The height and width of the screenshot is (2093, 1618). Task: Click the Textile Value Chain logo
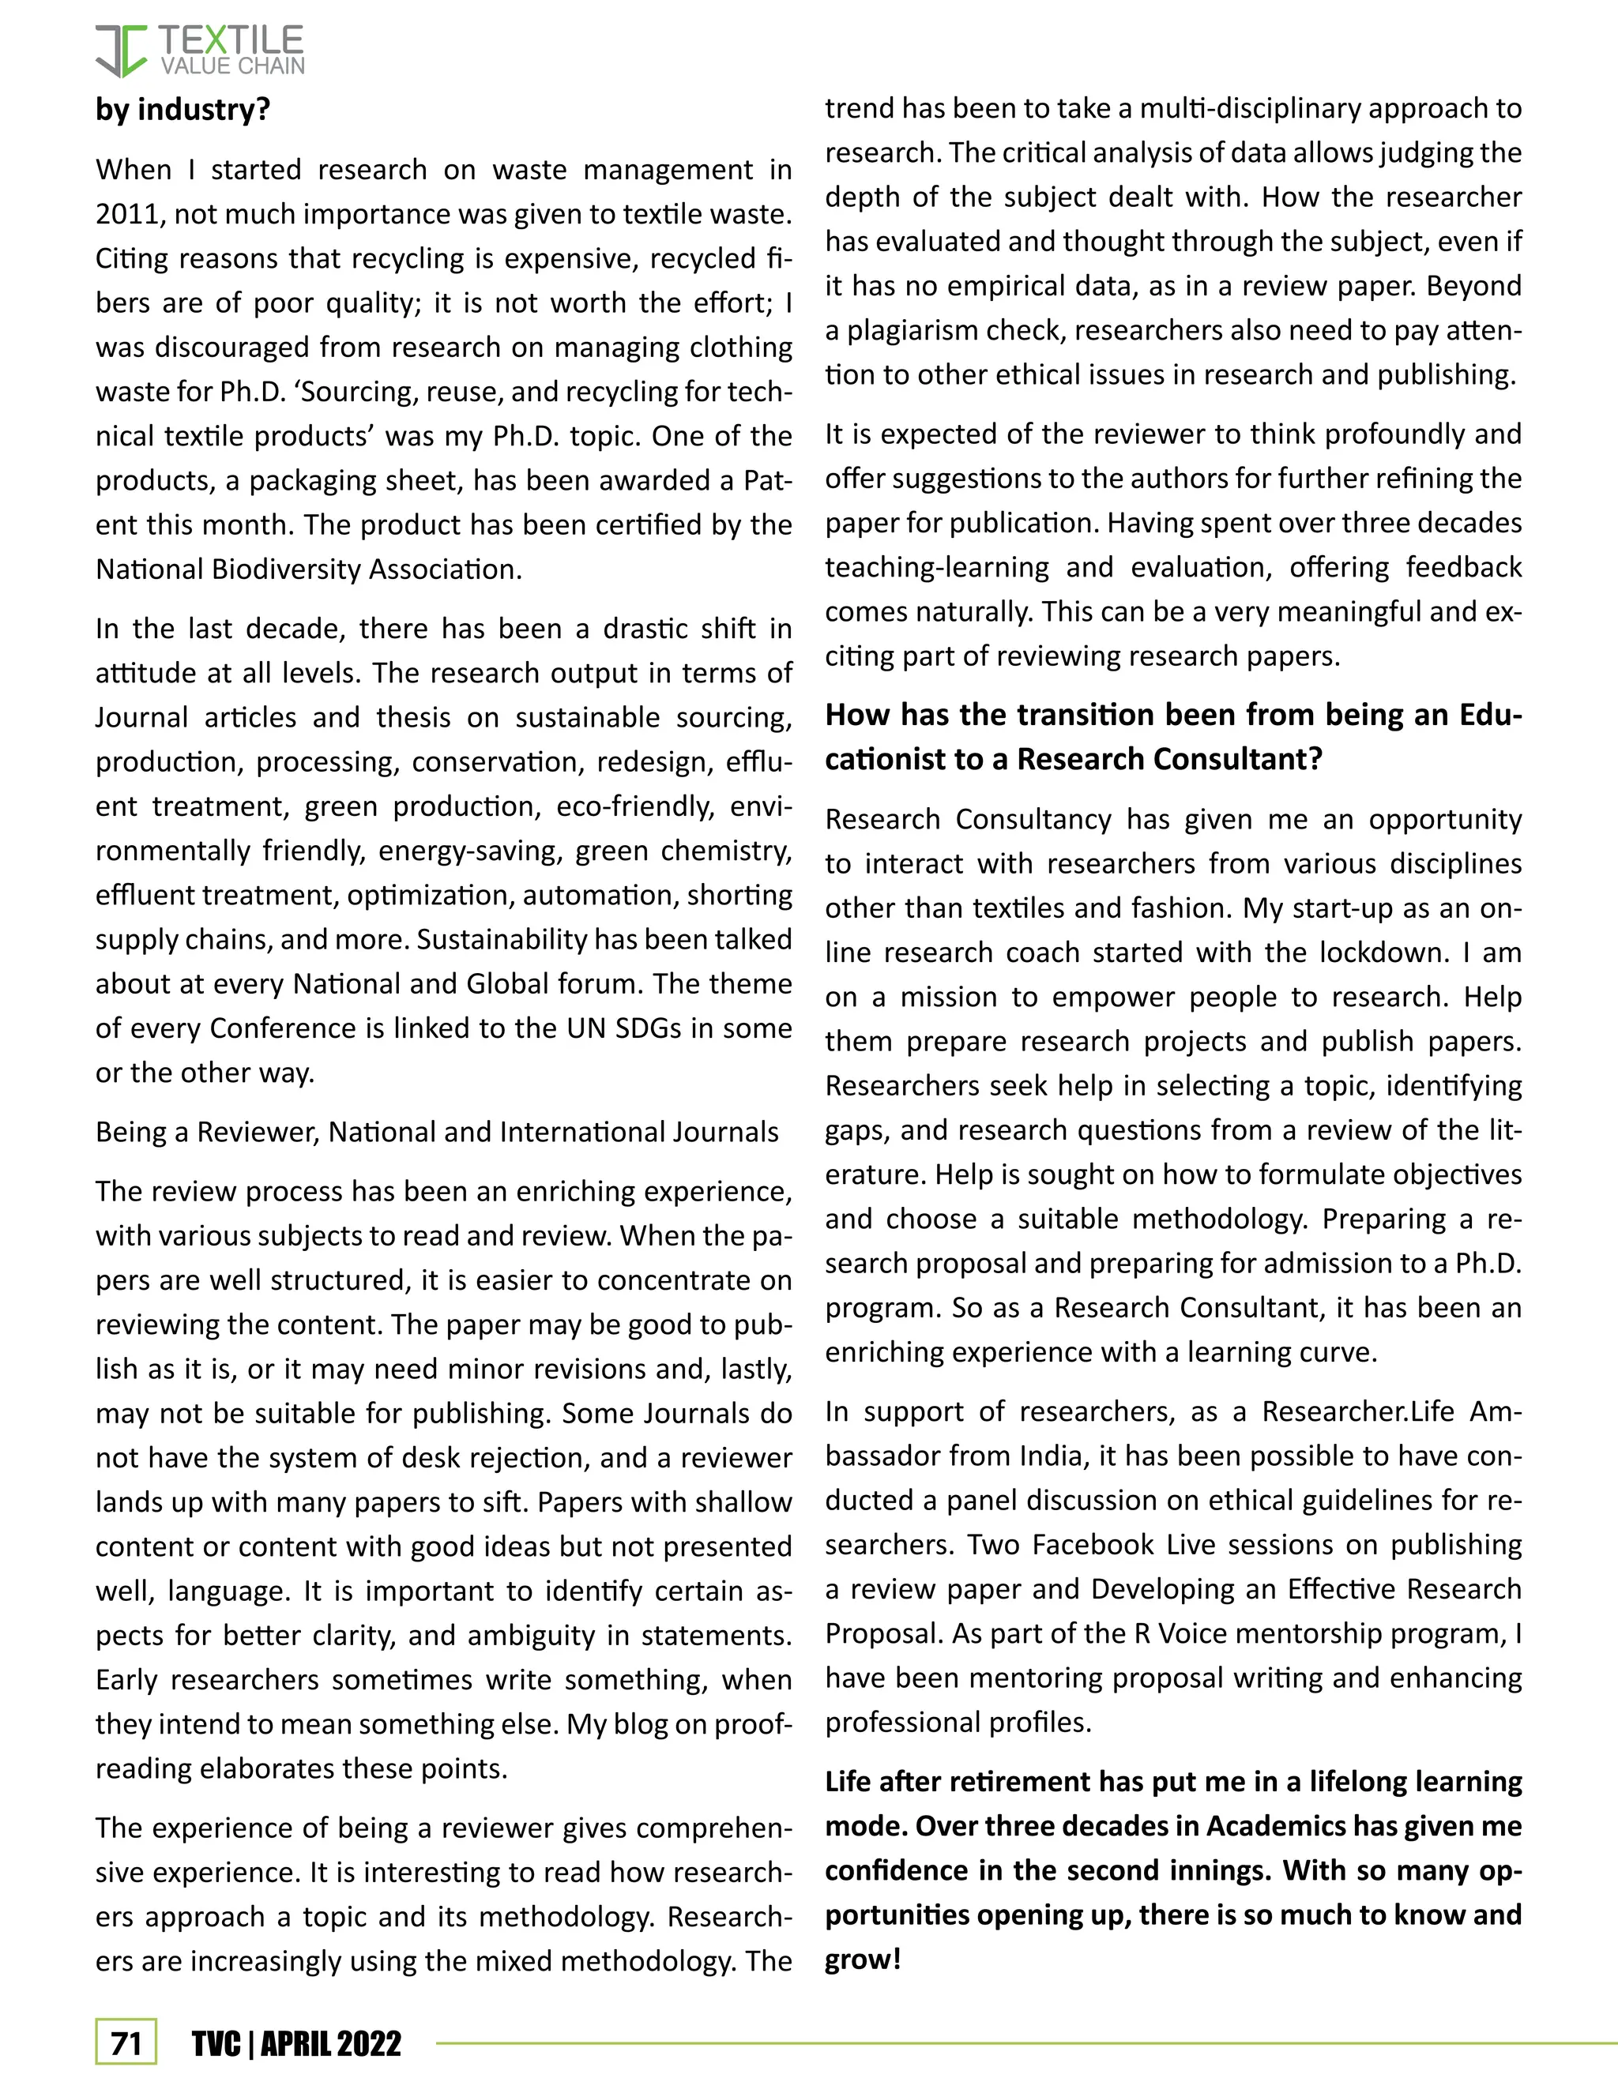coord(199,51)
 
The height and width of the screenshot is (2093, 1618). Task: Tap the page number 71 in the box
coord(126,2042)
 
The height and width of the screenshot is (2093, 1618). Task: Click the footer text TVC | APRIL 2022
coord(296,2043)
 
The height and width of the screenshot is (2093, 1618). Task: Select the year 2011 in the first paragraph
coord(126,214)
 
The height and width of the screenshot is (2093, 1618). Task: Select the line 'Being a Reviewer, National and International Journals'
coord(436,1132)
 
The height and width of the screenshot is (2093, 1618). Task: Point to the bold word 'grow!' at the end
coord(863,1960)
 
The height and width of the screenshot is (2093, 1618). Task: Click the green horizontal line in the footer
coord(1025,2043)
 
